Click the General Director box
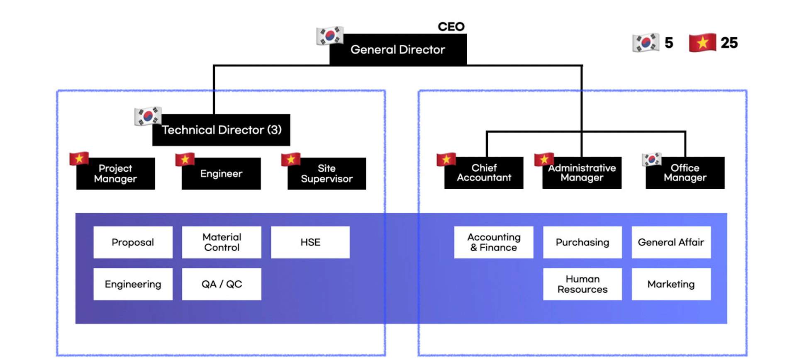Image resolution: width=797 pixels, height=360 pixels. tap(397, 50)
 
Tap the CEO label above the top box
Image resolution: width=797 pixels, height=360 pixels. tap(451, 27)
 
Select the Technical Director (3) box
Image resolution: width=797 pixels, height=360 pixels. tap(221, 130)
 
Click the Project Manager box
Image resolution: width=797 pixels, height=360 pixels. tap(115, 174)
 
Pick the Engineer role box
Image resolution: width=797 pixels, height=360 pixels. tap(221, 174)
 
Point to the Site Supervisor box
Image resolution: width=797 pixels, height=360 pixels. tap(327, 174)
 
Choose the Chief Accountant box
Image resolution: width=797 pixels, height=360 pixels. tap(484, 173)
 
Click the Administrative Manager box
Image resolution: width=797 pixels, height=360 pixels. tap(582, 173)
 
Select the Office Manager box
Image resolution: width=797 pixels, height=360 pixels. tap(685, 173)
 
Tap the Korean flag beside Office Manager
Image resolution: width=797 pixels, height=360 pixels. tap(651, 159)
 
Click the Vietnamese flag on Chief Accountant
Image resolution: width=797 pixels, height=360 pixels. tap(446, 159)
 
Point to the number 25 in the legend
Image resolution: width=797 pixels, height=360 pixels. tap(729, 43)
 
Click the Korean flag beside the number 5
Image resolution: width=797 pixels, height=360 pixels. tap(646, 43)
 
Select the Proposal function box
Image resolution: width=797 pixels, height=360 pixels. tap(133, 242)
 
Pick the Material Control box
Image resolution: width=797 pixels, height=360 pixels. tap(222, 242)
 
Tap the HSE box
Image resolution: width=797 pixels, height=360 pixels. tap(310, 242)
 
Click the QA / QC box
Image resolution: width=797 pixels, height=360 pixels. tap(222, 284)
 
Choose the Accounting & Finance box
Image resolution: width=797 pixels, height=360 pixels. tap(494, 242)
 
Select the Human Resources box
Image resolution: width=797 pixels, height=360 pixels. tap(583, 284)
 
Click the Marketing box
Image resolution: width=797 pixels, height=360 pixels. tap(671, 284)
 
